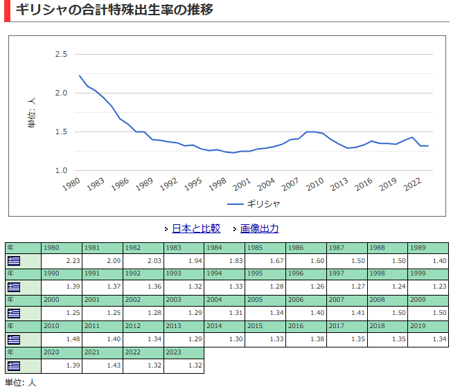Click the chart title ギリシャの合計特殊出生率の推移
[x=114, y=10]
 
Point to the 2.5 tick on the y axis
[x=61, y=54]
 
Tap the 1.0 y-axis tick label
[x=61, y=170]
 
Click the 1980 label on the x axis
[x=71, y=184]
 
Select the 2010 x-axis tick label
[x=315, y=184]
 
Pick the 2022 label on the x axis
[x=412, y=184]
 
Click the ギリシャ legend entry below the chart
[x=254, y=204]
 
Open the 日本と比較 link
[x=196, y=228]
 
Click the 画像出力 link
[x=259, y=228]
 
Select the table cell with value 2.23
[x=62, y=261]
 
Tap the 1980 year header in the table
[x=62, y=248]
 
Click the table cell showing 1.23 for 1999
[x=428, y=287]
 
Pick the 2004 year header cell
[x=224, y=300]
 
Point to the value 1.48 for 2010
[x=62, y=339]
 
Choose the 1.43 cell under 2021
[x=103, y=365]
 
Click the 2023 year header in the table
[x=184, y=352]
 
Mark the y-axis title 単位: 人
[x=32, y=113]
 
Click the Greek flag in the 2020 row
[x=14, y=366]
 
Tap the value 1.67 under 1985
[x=265, y=261]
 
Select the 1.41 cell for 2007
[x=347, y=313]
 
